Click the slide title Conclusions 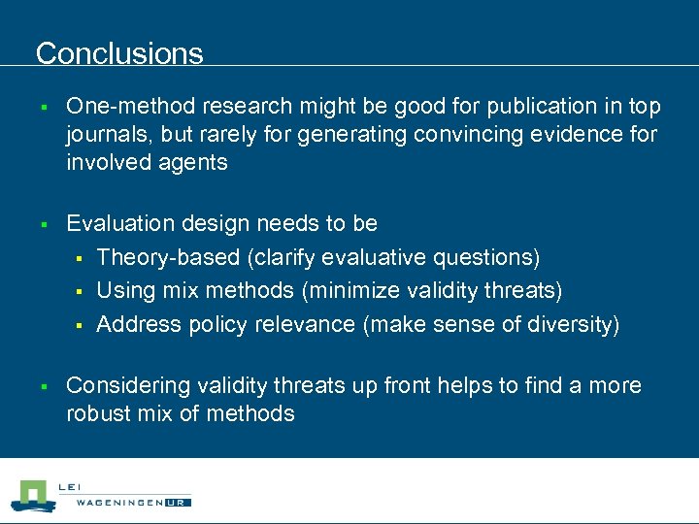coord(119,53)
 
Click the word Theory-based coord(165,257)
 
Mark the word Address coord(137,324)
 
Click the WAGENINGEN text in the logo coord(116,502)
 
